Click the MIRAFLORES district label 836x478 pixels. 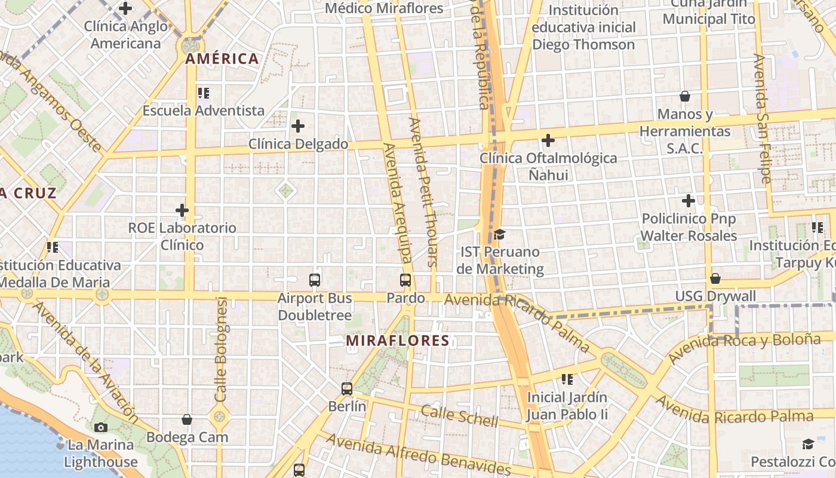click(397, 341)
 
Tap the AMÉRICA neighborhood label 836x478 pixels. click(222, 59)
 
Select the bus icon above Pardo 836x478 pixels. click(405, 280)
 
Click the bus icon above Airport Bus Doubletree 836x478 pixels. click(315, 280)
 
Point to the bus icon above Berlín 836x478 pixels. click(347, 389)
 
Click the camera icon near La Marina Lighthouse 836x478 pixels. click(100, 427)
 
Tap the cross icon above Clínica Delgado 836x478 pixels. click(298, 126)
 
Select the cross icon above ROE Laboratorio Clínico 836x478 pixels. click(182, 210)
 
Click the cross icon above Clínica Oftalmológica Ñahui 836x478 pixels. click(548, 140)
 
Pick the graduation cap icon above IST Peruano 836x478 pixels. click(499, 234)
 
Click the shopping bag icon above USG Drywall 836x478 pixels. click(715, 278)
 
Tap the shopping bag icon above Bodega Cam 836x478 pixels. click(187, 419)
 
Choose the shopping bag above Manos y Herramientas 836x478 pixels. click(685, 96)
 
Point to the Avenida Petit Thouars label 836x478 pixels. click(423, 191)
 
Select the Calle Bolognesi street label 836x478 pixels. click(221, 350)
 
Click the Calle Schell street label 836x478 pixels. click(459, 416)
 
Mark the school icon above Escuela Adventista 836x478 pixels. click(204, 93)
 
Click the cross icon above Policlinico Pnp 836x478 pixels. click(689, 201)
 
